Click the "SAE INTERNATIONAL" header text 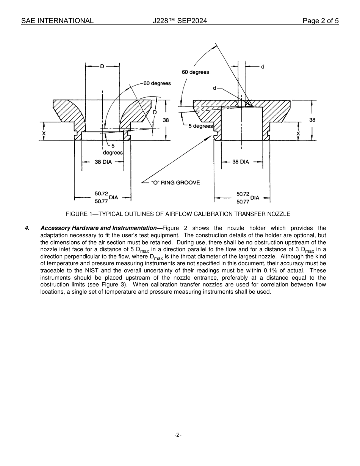click(x=57, y=21)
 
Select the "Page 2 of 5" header click(x=321, y=21)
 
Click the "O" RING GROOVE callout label click(x=175, y=183)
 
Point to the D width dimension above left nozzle click(x=102, y=66)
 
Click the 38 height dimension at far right click(x=312, y=120)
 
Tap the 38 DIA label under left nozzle click(x=103, y=162)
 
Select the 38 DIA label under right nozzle click(x=241, y=162)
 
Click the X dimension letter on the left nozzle click(x=44, y=133)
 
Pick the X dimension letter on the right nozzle click(x=298, y=133)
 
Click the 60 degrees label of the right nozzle click(x=196, y=72)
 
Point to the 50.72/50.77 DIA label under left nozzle click(x=106, y=197)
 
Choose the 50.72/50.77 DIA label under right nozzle click(x=247, y=197)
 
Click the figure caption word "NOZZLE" click(x=279, y=214)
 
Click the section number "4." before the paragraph click(x=27, y=228)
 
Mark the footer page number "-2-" click(x=178, y=435)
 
